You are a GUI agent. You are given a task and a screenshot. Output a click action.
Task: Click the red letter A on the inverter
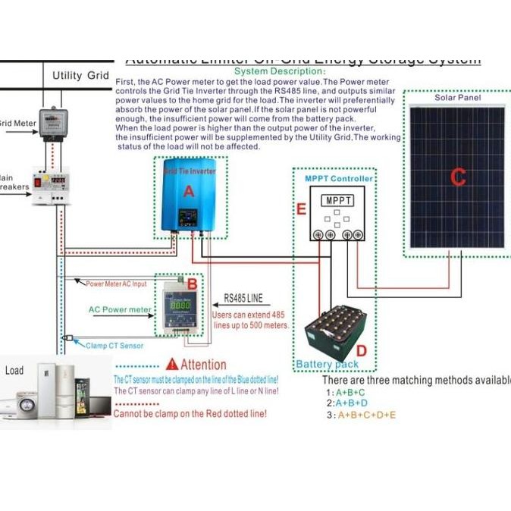coord(189,192)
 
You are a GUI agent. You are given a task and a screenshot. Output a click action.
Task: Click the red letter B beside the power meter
coord(193,284)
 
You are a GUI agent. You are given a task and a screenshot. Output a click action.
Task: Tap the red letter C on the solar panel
coord(458,177)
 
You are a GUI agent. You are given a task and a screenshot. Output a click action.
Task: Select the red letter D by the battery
coord(361,351)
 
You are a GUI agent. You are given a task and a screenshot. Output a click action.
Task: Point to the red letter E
coord(301,209)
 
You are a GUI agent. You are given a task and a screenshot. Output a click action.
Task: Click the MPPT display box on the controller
coord(337,201)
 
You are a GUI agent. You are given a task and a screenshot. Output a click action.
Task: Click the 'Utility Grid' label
coord(80,76)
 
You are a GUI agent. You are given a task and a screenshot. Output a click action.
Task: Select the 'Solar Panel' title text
coord(458,98)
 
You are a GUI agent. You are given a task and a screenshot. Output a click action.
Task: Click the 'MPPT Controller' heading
coord(338,179)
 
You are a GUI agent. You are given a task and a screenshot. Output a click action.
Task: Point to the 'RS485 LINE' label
coord(243,299)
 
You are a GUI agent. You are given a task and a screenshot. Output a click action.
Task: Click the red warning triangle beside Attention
coord(172,364)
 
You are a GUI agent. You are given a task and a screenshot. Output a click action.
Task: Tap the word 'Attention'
coord(203,365)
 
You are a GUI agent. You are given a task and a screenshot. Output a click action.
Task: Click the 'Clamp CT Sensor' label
coord(114,346)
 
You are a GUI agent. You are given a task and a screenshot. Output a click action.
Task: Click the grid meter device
coord(54,121)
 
